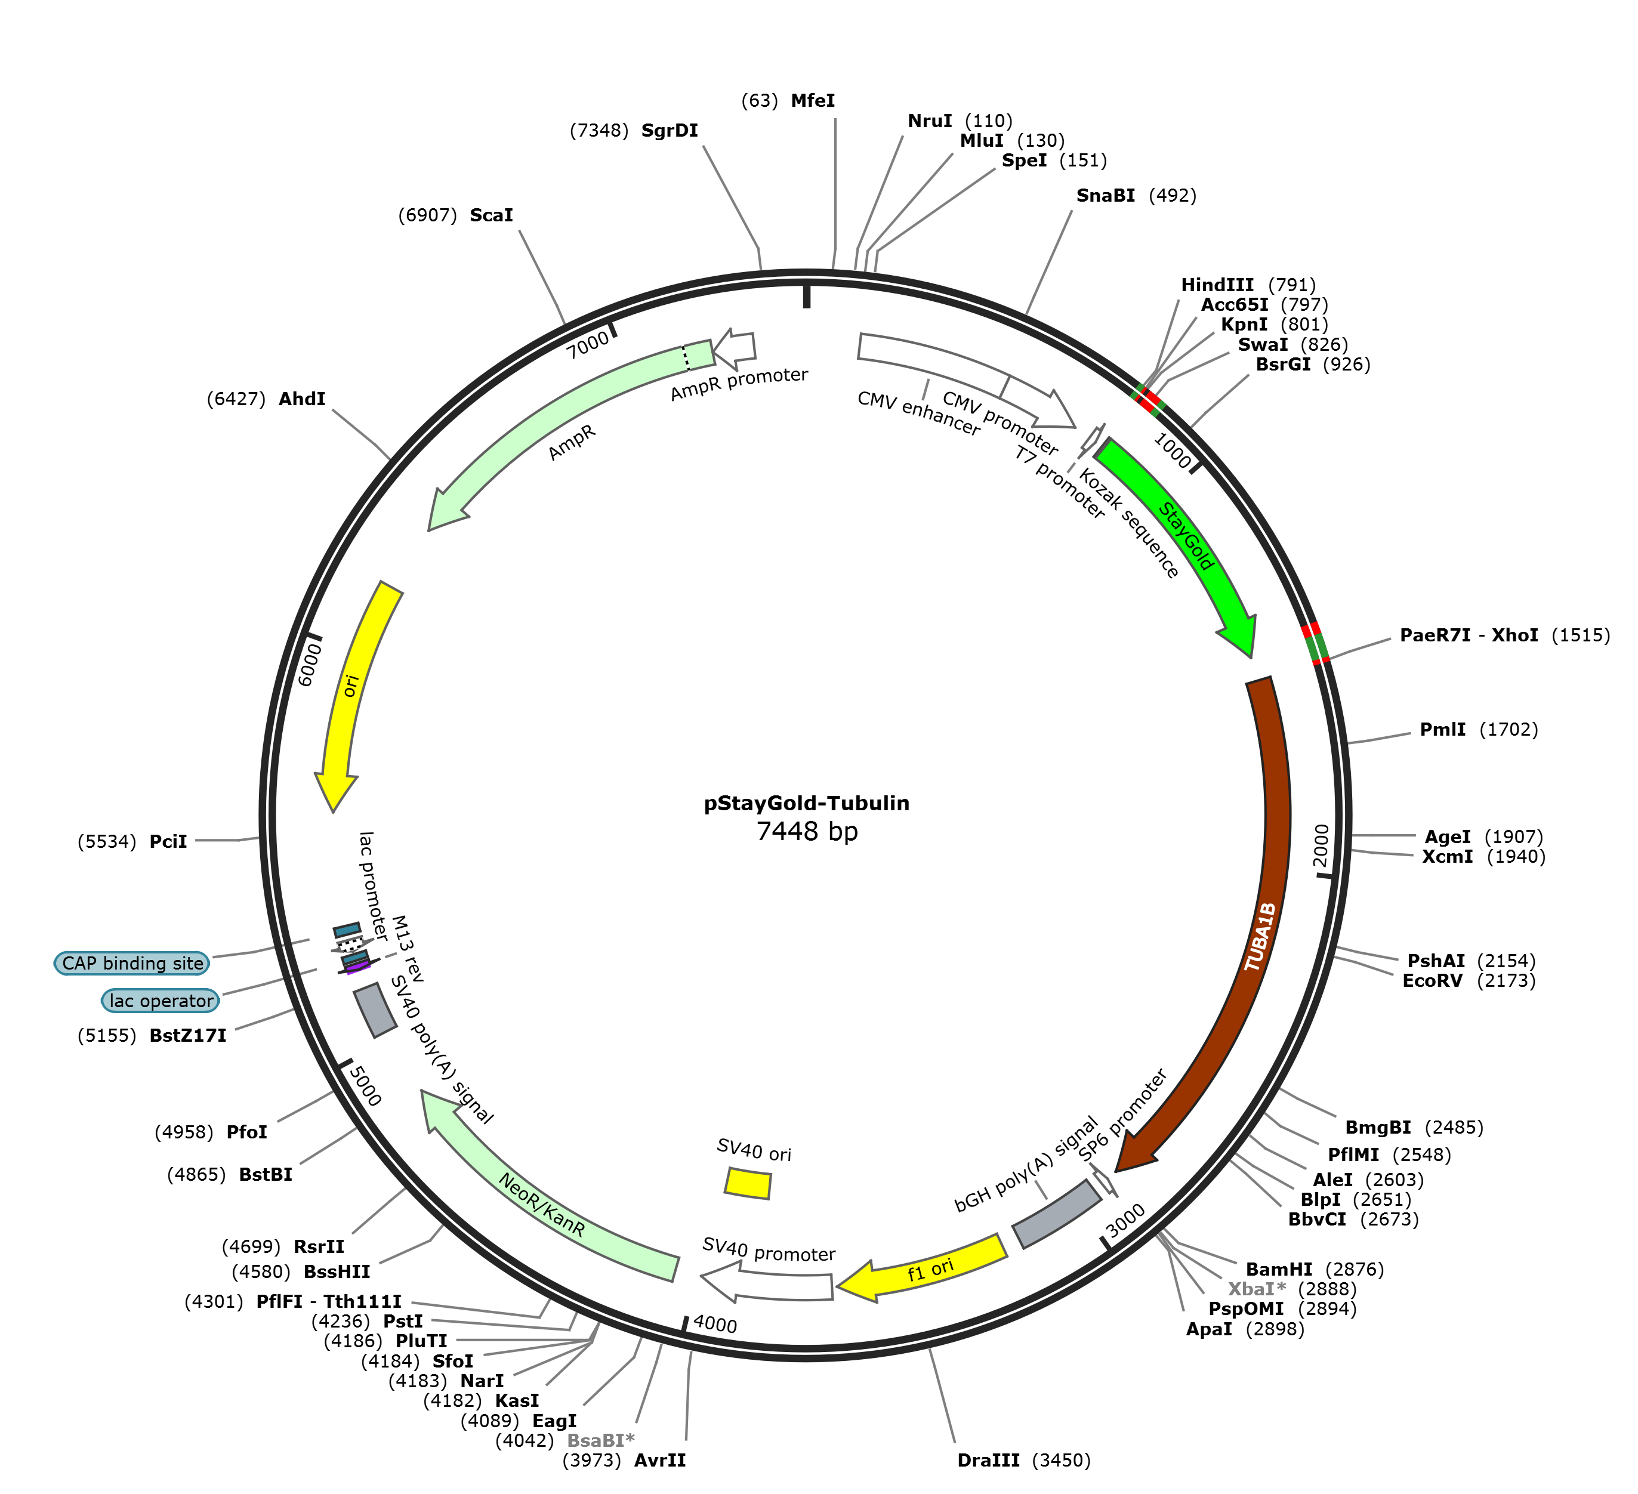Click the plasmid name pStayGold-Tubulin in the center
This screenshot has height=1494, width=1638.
pos(806,804)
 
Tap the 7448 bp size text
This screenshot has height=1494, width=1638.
pos(806,831)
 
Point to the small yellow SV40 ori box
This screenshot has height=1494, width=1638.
pos(748,1183)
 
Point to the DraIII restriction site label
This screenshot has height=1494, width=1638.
pos(988,1461)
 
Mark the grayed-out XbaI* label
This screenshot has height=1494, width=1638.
pos(1257,1289)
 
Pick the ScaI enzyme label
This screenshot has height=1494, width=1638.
pos(492,215)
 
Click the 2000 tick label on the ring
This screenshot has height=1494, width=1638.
pos(1322,845)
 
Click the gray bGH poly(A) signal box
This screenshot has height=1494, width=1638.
pos(1056,1214)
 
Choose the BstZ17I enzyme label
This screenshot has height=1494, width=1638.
pos(188,1036)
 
